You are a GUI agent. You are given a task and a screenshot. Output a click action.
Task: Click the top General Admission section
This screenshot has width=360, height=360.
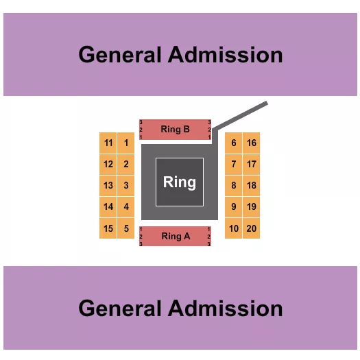click(180, 55)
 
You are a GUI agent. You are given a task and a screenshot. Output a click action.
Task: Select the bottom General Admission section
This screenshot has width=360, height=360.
click(180, 308)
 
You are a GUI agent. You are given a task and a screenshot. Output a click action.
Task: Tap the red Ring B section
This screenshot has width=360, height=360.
click(176, 129)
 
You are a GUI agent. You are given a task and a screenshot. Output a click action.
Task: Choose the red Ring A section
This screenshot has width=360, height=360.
click(176, 236)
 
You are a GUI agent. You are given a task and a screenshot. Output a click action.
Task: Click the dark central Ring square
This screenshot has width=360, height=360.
click(180, 182)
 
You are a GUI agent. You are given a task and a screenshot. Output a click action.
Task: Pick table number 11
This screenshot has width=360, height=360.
click(108, 143)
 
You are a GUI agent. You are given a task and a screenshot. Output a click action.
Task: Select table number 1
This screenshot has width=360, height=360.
click(126, 143)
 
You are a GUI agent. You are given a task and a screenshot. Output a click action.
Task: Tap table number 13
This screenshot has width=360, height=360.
click(108, 186)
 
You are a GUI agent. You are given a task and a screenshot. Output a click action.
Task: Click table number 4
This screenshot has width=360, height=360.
click(126, 207)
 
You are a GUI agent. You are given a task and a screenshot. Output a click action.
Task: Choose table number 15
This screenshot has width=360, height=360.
click(108, 228)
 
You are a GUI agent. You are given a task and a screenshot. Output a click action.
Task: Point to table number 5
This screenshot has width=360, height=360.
click(126, 228)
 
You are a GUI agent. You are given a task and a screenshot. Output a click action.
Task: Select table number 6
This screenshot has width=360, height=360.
click(234, 143)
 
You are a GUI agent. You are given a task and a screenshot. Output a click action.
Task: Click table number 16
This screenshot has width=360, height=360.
click(252, 143)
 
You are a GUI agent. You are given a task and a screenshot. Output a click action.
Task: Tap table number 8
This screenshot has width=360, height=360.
click(234, 186)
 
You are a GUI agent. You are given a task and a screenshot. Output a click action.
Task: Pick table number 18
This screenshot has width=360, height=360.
click(252, 186)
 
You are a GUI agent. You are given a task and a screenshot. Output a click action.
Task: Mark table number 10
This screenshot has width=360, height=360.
click(234, 228)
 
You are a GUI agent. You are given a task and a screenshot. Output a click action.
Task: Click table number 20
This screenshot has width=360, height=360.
click(252, 228)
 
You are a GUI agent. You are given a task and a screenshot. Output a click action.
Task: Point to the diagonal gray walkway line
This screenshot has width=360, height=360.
click(240, 117)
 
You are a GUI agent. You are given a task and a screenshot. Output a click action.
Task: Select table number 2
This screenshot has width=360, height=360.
click(126, 165)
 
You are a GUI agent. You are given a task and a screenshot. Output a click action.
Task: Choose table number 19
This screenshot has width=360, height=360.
click(252, 207)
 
